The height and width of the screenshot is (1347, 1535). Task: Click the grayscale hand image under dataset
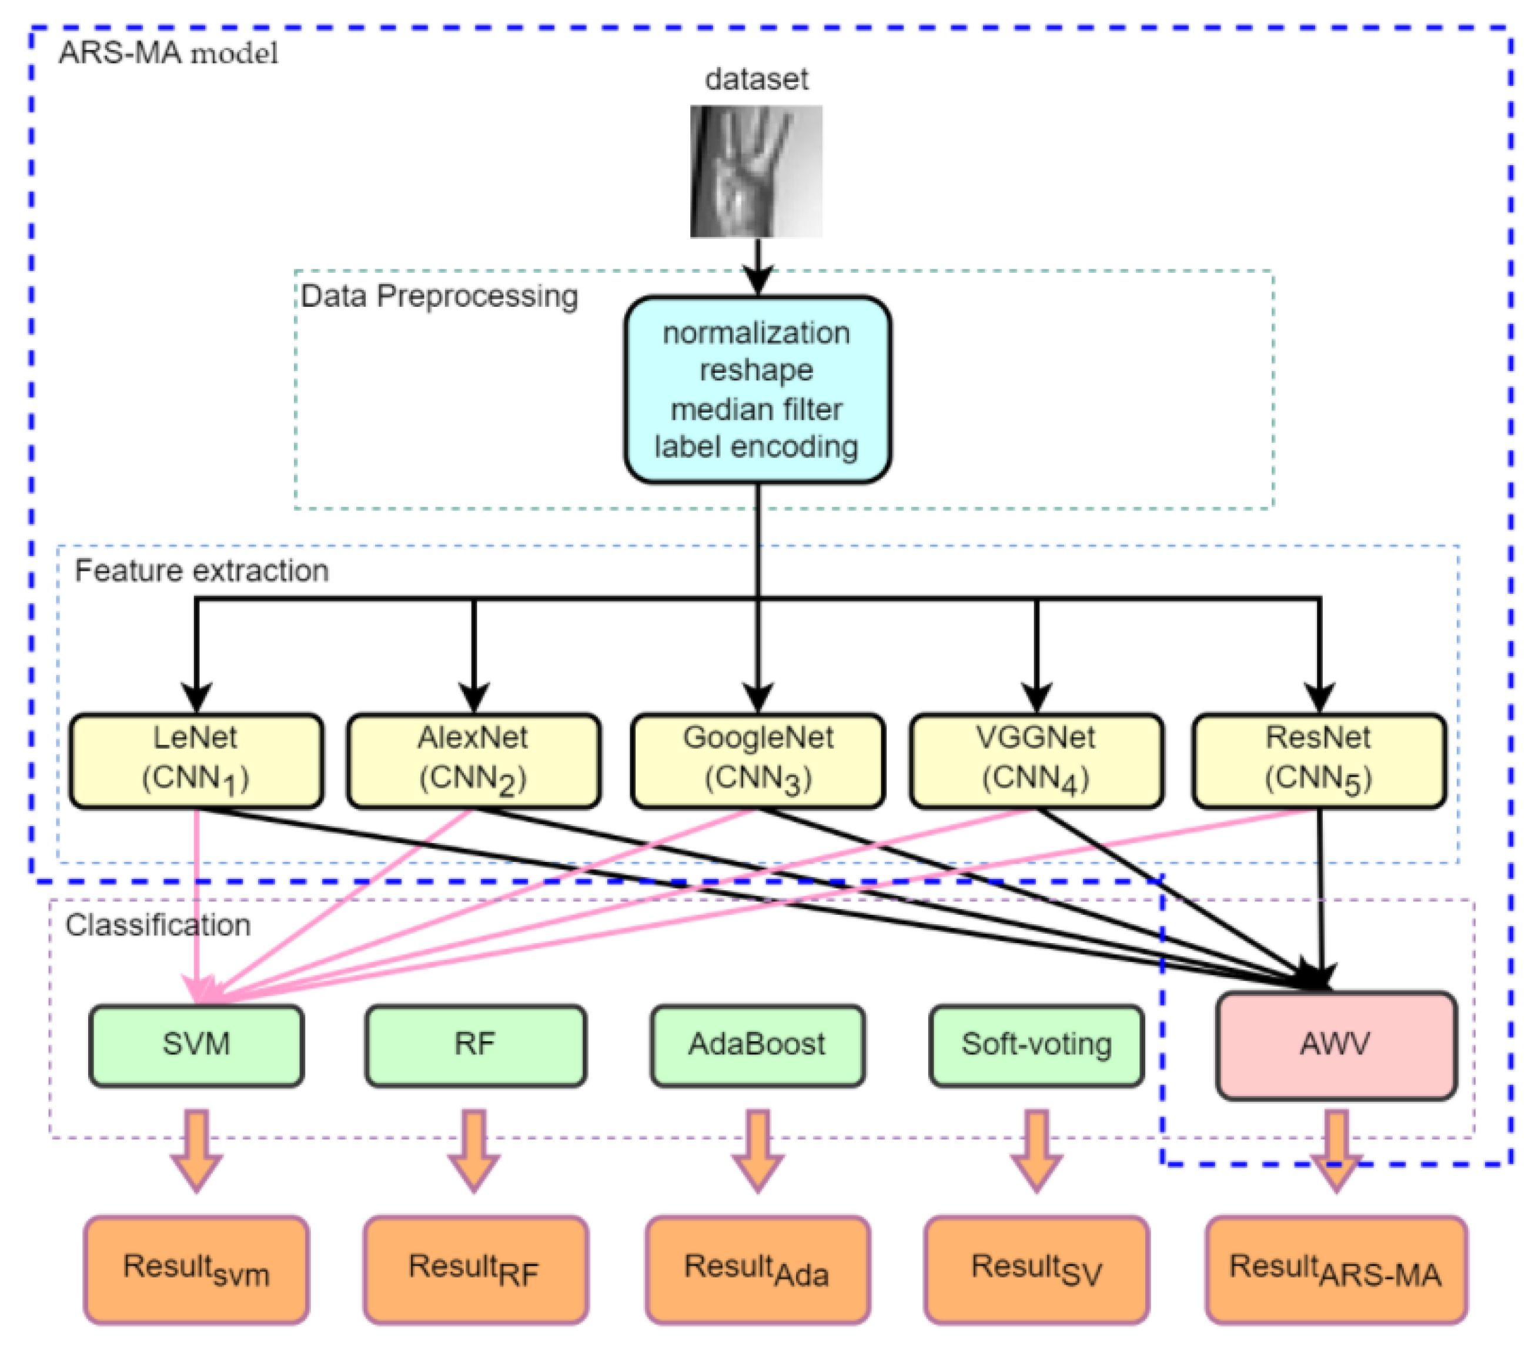[755, 171]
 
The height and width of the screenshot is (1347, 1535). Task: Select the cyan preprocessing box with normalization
[757, 389]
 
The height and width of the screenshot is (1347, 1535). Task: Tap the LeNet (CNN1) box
[196, 760]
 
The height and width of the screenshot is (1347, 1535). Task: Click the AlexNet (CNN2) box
[473, 760]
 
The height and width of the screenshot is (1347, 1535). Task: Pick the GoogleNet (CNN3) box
[757, 760]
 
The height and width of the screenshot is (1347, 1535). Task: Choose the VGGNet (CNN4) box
[1036, 760]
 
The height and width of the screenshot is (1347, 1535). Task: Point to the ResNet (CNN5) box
[1318, 760]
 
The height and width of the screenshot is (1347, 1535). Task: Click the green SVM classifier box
[196, 1045]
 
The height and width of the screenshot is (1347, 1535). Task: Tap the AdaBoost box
[757, 1045]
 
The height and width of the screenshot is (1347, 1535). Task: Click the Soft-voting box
[1036, 1045]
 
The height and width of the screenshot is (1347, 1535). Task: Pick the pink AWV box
[1335, 1045]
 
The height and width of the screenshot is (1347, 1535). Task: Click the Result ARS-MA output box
[1335, 1269]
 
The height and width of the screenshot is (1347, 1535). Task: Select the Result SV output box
[1036, 1269]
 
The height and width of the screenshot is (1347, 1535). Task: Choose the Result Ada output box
[757, 1269]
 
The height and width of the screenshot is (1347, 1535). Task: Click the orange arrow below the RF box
[474, 1149]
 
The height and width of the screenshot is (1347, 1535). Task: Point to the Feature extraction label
[201, 571]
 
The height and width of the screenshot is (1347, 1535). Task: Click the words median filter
[755, 409]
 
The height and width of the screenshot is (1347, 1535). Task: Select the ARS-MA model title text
[168, 54]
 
